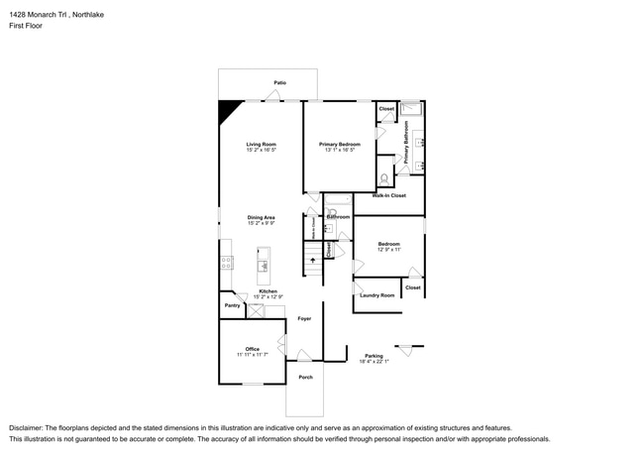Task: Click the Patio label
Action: pyautogui.click(x=281, y=82)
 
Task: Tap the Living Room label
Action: pyautogui.click(x=261, y=145)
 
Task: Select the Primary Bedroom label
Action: pyautogui.click(x=339, y=145)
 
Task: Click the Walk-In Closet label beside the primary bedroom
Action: pyautogui.click(x=388, y=195)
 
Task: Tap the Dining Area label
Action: pyautogui.click(x=261, y=217)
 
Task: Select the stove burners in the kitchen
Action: pyautogui.click(x=226, y=263)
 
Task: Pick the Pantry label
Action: pyautogui.click(x=231, y=305)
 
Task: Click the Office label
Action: pyautogui.click(x=252, y=348)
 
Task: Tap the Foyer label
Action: pyautogui.click(x=304, y=318)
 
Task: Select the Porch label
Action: pyautogui.click(x=305, y=378)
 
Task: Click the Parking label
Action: pyautogui.click(x=373, y=355)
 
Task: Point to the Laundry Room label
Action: pyautogui.click(x=376, y=295)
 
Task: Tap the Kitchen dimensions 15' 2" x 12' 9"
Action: pyautogui.click(x=268, y=297)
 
